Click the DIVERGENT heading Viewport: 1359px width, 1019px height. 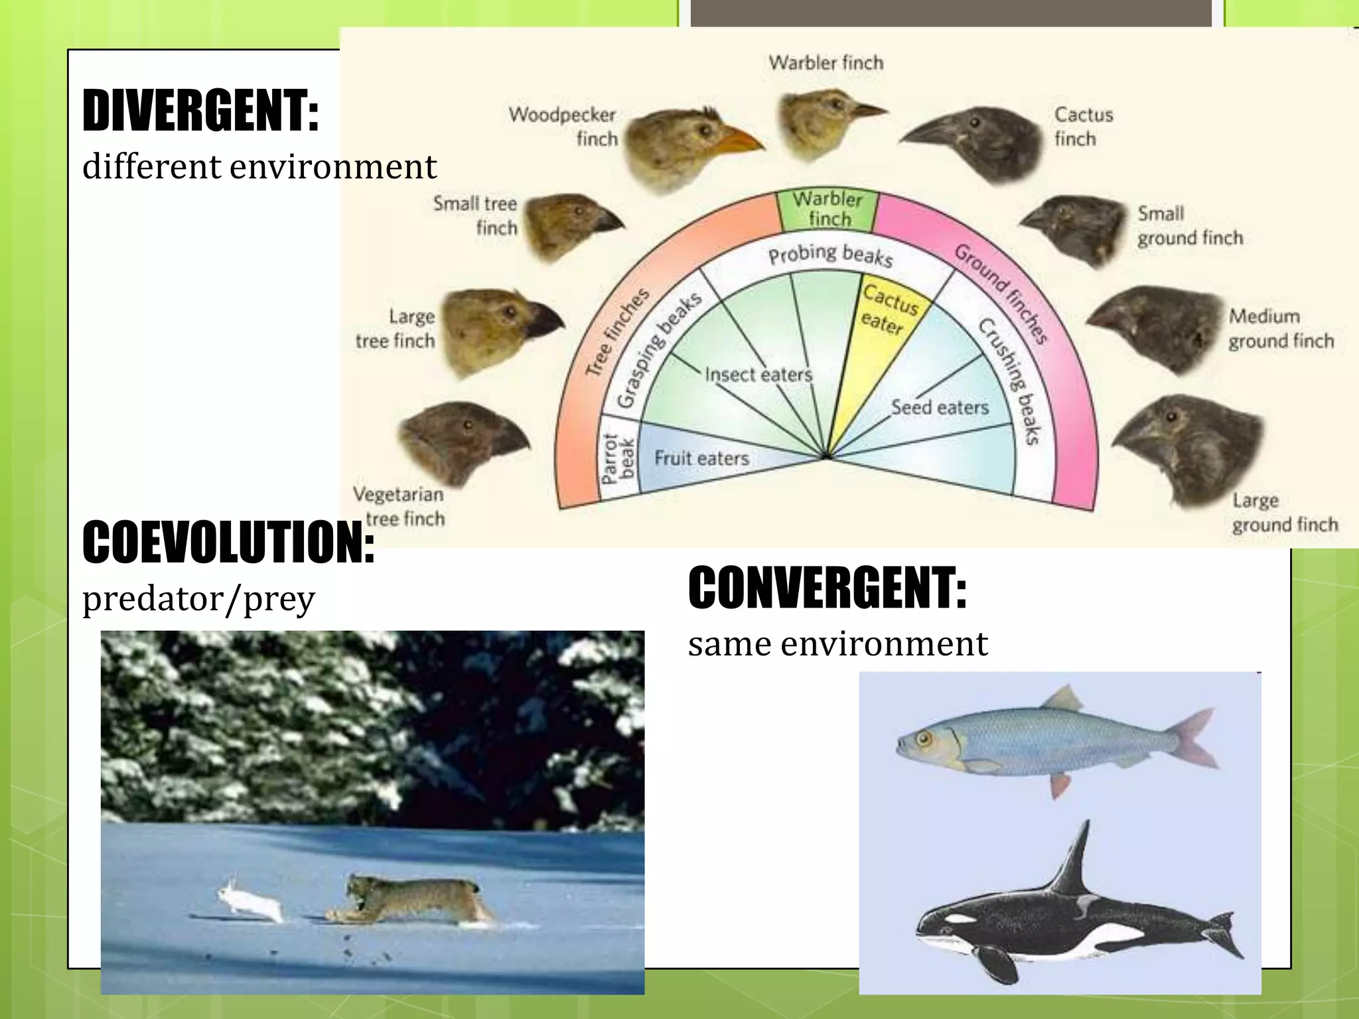[200, 111]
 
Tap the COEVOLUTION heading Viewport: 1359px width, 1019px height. [228, 543]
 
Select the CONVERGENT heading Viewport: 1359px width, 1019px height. [827, 588]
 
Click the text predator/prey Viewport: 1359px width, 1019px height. [198, 598]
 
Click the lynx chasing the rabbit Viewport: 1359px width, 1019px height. [411, 899]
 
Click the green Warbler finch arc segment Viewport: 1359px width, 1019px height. [827, 210]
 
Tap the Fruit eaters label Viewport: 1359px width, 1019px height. [701, 458]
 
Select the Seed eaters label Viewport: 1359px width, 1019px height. [940, 407]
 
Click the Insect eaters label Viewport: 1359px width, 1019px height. [758, 375]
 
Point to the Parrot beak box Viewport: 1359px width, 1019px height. [618, 458]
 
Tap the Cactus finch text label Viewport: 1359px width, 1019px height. [1083, 127]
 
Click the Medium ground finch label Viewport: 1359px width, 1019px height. [1280, 328]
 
